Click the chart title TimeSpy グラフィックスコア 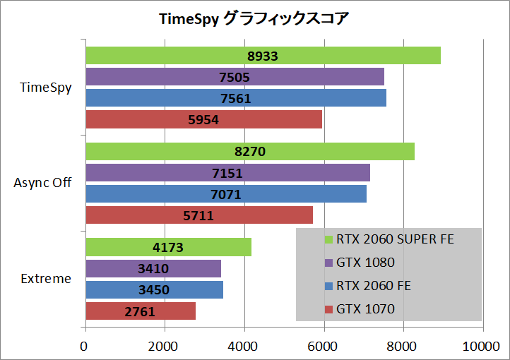pos(254,18)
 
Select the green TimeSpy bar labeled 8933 pos(263,56)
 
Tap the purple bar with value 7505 pos(235,77)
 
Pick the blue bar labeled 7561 pos(236,98)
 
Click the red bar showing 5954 pos(204,119)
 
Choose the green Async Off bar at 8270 pos(250,151)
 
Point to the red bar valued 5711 pos(199,215)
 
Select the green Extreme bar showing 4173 pos(169,247)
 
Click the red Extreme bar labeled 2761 pos(141,311)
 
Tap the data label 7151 pos(227,173)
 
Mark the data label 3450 pos(154,290)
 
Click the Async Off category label pos(42,183)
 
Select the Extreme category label pos(46,279)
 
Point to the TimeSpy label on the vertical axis pos(45,88)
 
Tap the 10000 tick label pos(481,347)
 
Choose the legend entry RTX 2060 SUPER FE pos(389,239)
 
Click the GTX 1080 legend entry pos(360,263)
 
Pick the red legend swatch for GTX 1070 pos(329,309)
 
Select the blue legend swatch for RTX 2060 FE pos(329,286)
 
